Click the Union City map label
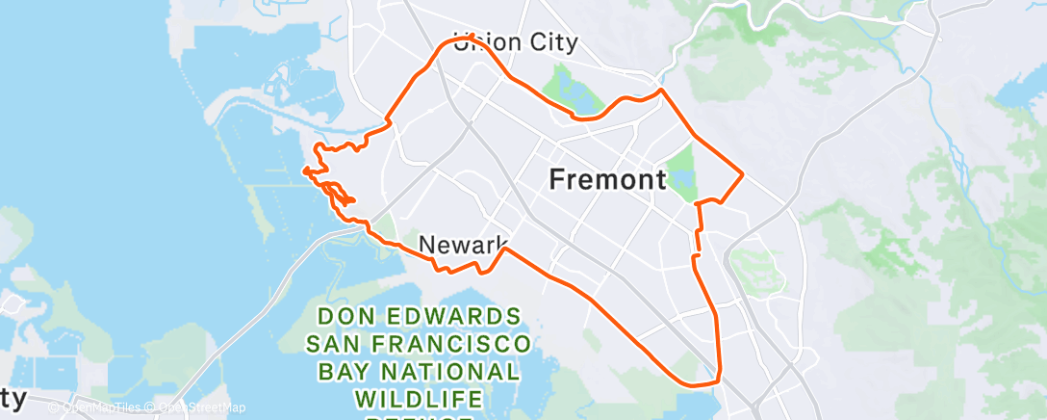[516, 42]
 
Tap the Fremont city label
[607, 179]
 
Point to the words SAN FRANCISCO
[418, 344]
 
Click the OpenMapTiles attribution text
[101, 408]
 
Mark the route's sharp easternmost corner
[742, 174]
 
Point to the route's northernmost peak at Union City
[470, 36]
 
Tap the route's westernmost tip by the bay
[304, 171]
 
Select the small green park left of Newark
[386, 229]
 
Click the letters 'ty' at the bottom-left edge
[12, 397]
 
